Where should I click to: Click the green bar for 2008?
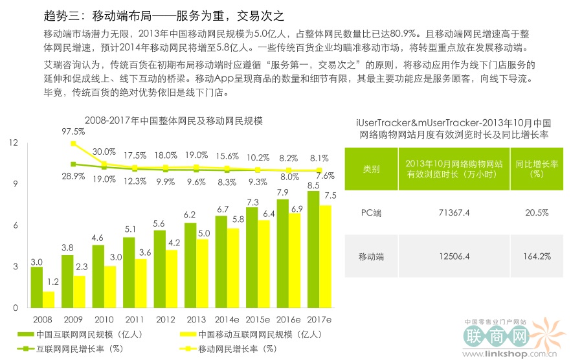[37, 287]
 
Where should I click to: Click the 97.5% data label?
[74, 131]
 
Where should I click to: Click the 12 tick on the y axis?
[14, 143]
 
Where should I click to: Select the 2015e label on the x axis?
[258, 320]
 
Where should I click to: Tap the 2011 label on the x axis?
[135, 320]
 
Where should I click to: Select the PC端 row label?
[371, 212]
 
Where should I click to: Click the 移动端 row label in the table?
[371, 256]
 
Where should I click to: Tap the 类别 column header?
[371, 169]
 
